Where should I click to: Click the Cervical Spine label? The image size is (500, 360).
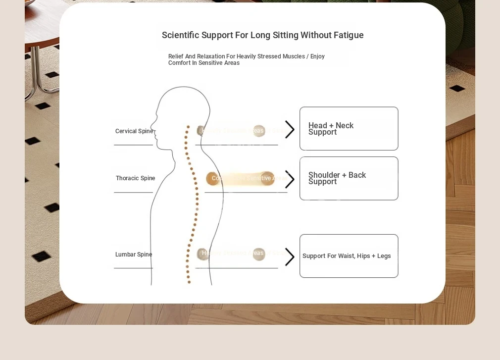point(134,131)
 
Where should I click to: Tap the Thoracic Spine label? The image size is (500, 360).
point(135,178)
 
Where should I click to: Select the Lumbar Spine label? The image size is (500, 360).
point(134,255)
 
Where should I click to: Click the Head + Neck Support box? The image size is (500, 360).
point(349,129)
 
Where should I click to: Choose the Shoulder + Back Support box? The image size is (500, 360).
point(349,178)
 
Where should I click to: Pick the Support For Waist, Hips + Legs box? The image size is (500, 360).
point(349,256)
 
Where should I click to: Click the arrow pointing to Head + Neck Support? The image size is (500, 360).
point(290,129)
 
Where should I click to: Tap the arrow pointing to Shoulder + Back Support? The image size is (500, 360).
point(290,179)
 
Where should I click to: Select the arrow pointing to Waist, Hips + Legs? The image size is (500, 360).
point(290,257)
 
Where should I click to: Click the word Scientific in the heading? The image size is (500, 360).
point(180,35)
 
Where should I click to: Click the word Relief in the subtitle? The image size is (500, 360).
point(176,56)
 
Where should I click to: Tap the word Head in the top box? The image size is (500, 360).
point(317,126)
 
